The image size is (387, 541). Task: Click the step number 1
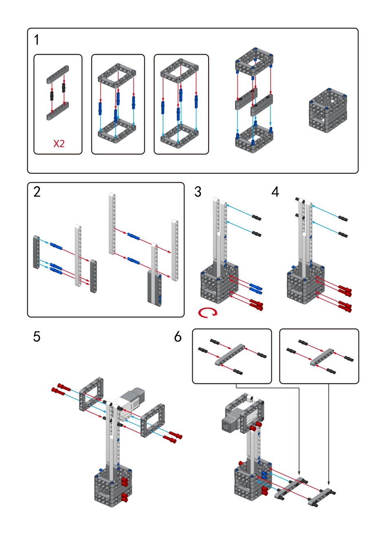pyautogui.click(x=37, y=40)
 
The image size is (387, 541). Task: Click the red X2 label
pyautogui.click(x=59, y=144)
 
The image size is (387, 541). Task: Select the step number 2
pyautogui.click(x=37, y=192)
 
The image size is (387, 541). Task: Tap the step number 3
pyautogui.click(x=198, y=192)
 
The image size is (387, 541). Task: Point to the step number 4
pyautogui.click(x=275, y=192)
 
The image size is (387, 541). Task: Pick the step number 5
pyautogui.click(x=37, y=337)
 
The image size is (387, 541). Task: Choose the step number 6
pyautogui.click(x=178, y=337)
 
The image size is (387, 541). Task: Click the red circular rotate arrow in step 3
pyautogui.click(x=208, y=313)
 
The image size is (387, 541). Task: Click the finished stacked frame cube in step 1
pyautogui.click(x=328, y=110)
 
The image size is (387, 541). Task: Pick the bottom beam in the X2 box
pyautogui.click(x=57, y=111)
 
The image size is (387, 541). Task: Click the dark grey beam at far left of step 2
pyautogui.click(x=36, y=252)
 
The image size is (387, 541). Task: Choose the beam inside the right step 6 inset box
pyautogui.click(x=322, y=357)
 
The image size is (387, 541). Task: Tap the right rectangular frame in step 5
pyautogui.click(x=153, y=420)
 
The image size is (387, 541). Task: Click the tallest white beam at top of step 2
pyautogui.click(x=112, y=224)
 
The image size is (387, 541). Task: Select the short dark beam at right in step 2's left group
pyautogui.click(x=94, y=276)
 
